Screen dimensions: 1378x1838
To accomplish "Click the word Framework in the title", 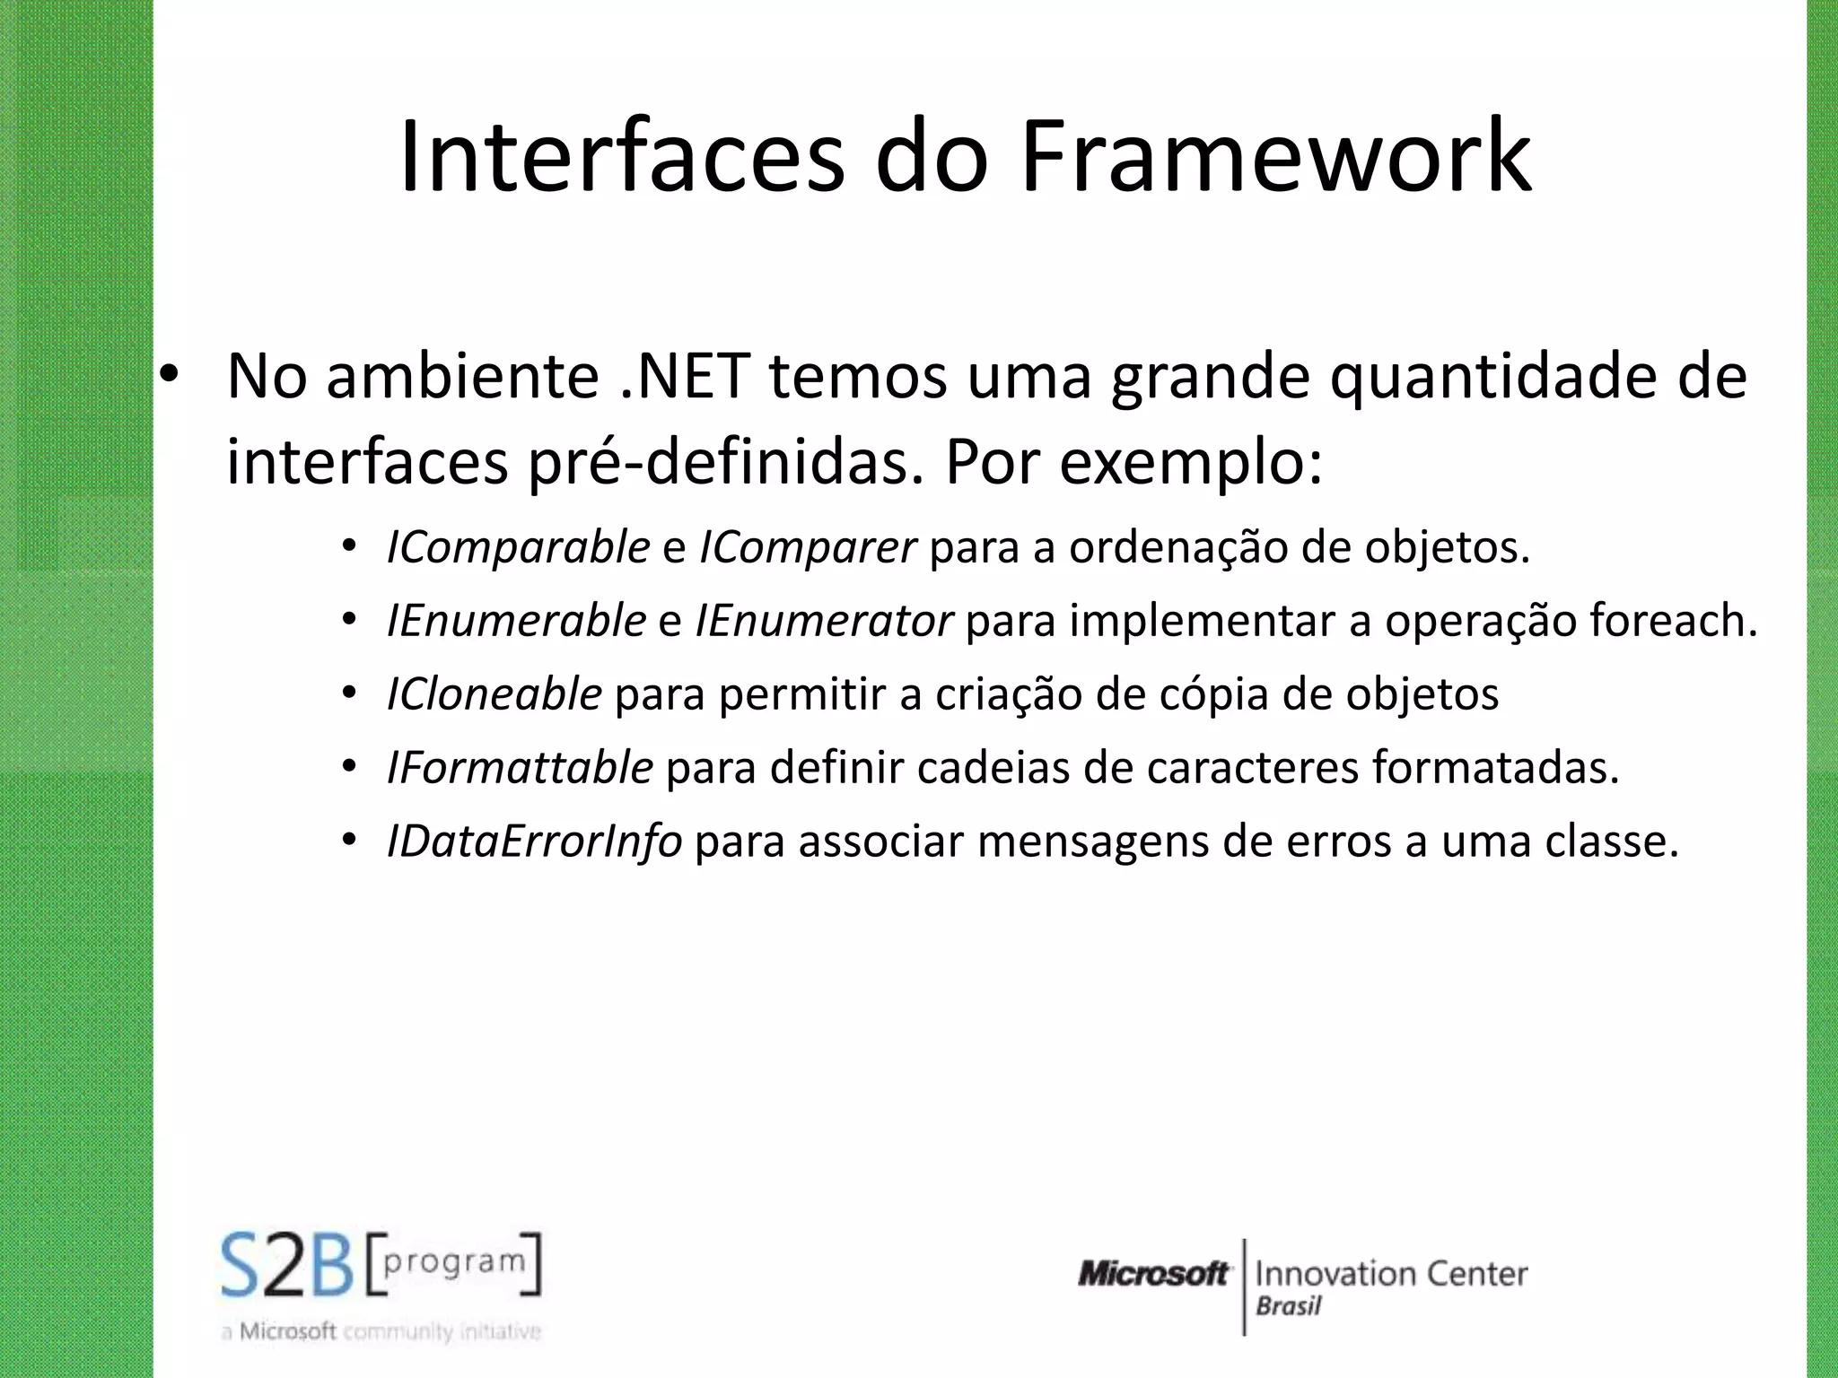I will coord(1275,157).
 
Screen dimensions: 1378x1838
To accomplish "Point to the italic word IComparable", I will coord(518,547).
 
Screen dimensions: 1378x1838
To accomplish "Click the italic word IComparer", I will coord(807,547).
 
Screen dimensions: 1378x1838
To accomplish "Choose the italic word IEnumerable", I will coord(516,621).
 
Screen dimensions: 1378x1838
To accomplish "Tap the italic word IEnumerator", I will coord(823,621).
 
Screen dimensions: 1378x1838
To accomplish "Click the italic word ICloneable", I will coord(494,694).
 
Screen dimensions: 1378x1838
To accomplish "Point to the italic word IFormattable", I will coord(520,768).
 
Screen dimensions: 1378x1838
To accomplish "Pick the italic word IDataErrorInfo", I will coord(534,842).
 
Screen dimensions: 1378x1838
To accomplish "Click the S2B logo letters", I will coord(287,1266).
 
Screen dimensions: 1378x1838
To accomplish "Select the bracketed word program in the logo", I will coord(454,1261).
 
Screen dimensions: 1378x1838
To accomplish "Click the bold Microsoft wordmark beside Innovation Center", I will coord(1153,1273).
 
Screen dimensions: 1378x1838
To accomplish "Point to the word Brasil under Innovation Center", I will coord(1289,1306).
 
